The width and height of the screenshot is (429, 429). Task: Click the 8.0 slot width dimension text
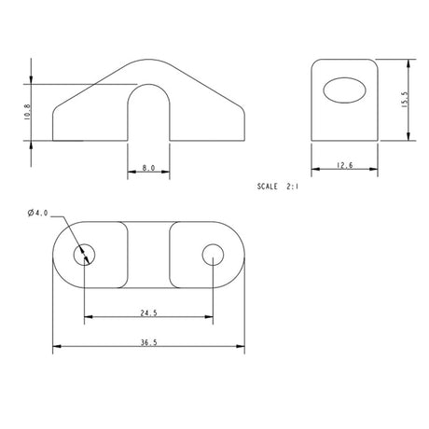tap(149, 169)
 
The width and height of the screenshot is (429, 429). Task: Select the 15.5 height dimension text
tap(408, 99)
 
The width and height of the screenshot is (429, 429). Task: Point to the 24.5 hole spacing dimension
tap(149, 312)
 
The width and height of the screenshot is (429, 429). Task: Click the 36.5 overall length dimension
tap(149, 343)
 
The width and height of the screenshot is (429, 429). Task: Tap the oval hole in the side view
tap(345, 94)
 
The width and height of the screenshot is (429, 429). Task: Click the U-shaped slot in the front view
tap(149, 112)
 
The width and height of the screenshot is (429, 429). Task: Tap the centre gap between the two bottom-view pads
tap(149, 254)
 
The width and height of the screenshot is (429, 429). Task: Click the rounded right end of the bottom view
tap(245, 254)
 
